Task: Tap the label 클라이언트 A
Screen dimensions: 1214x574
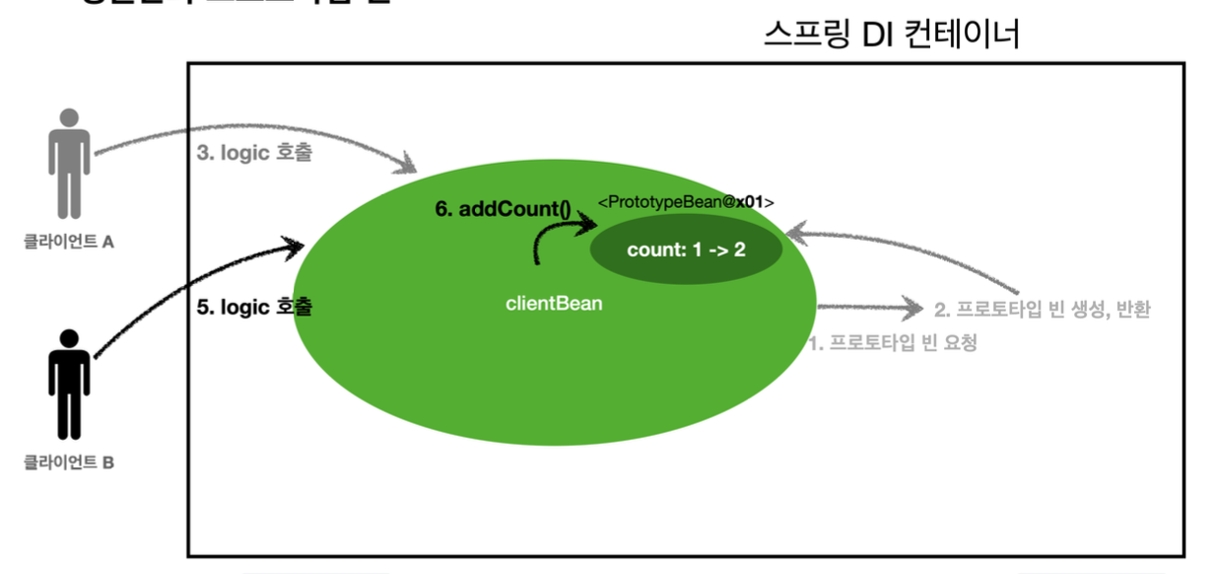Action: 69,241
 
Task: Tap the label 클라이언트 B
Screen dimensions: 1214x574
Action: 69,462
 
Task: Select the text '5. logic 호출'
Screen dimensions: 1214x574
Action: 255,307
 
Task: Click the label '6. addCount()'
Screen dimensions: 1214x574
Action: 503,210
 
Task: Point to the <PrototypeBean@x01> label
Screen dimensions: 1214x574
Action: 686,202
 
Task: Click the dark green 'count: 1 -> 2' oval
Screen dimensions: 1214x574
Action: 686,248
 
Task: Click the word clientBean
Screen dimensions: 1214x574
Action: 554,304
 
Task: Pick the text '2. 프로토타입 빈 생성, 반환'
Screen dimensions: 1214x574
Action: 1042,310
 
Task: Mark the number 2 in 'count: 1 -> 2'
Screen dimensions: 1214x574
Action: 739,248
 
